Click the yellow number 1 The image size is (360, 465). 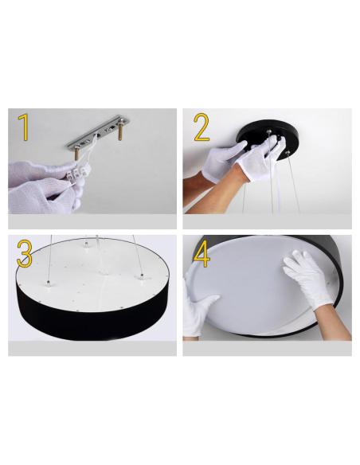pyautogui.click(x=24, y=127)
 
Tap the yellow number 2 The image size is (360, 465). pyautogui.click(x=202, y=127)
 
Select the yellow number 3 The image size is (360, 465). pyautogui.click(x=25, y=253)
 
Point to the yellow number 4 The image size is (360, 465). pyautogui.click(x=202, y=254)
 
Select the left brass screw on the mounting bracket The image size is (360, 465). pyautogui.click(x=76, y=154)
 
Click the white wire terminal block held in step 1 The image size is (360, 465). pyautogui.click(x=78, y=171)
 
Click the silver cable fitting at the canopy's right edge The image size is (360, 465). pyautogui.click(x=287, y=152)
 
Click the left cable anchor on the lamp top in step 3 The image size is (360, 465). pyautogui.click(x=48, y=283)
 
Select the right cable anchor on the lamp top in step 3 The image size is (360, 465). pyautogui.click(x=142, y=276)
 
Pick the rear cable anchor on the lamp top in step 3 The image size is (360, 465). pyautogui.click(x=86, y=244)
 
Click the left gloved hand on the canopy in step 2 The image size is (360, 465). pyautogui.click(x=225, y=159)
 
